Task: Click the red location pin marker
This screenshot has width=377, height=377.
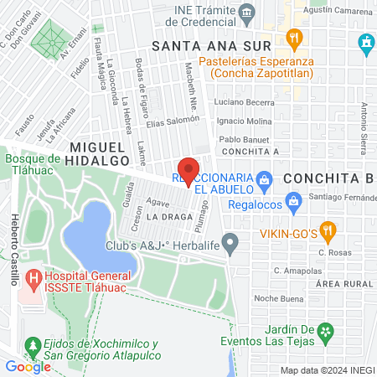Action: (x=188, y=170)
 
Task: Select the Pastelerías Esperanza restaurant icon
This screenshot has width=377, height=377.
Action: (x=293, y=38)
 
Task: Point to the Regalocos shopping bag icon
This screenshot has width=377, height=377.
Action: (x=293, y=200)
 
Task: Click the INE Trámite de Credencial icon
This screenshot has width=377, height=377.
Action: (x=247, y=11)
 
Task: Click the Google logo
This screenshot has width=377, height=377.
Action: (x=28, y=366)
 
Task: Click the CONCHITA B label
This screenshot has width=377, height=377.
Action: (x=328, y=178)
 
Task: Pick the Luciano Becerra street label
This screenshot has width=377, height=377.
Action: (x=244, y=102)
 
